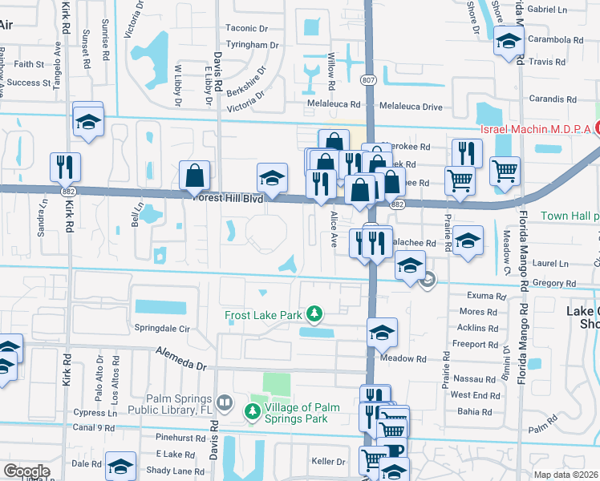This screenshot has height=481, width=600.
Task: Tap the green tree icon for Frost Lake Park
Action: (316, 313)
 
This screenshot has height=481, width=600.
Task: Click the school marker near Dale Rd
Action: (121, 467)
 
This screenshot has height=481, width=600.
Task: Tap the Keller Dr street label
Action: (328, 462)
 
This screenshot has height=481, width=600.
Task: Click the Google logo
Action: (26, 471)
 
